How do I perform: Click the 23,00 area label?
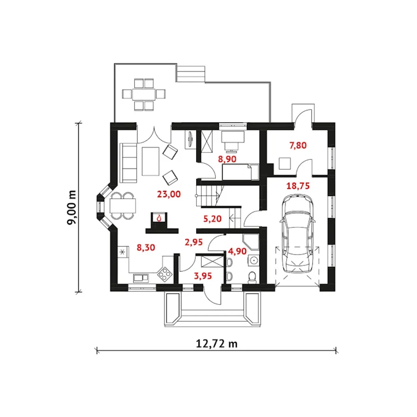coord(169,194)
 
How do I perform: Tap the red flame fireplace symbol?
coord(159,218)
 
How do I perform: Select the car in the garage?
coord(297,233)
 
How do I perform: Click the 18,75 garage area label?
coord(298,186)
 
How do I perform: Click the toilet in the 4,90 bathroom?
coord(252,277)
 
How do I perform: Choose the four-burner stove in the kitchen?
coord(165,274)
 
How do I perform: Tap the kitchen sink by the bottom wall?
coord(140,278)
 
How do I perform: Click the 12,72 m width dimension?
coord(217,343)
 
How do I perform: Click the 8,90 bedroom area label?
coord(227,159)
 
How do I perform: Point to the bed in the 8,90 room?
coord(240,172)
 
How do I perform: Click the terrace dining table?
coord(144,94)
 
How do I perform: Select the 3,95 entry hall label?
coord(203,276)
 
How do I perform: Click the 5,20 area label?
coord(212,219)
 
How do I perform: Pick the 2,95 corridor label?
coord(194,242)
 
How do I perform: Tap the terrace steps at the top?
coord(191,74)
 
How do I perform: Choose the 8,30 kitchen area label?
coord(146,248)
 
